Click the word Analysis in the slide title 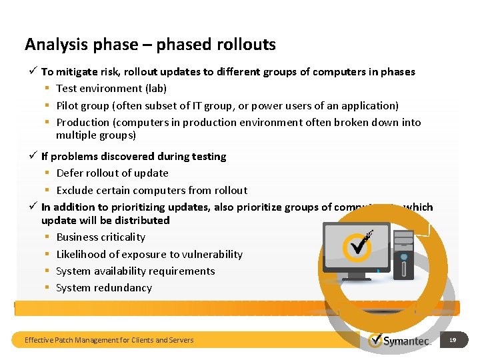[x=55, y=45]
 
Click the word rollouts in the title [x=246, y=45]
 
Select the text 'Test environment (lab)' [x=111, y=88]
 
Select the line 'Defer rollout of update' [x=112, y=173]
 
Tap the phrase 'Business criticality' [x=101, y=237]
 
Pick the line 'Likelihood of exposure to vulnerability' [x=149, y=254]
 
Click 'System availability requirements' [x=135, y=271]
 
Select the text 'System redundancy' [x=104, y=287]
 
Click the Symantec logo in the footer [x=399, y=341]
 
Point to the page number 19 [x=453, y=340]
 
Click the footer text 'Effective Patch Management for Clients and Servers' [x=109, y=340]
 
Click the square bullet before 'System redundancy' [x=48, y=288]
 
